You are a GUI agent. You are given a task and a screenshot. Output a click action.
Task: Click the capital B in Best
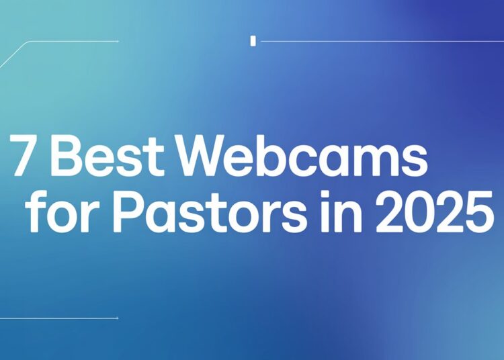pyautogui.click(x=69, y=158)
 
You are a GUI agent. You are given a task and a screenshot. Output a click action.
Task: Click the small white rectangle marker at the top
pyautogui.click(x=253, y=41)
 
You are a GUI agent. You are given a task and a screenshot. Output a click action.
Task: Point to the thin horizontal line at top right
pyautogui.click(x=376, y=42)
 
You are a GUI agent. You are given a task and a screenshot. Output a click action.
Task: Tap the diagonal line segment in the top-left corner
pyautogui.click(x=13, y=54)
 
